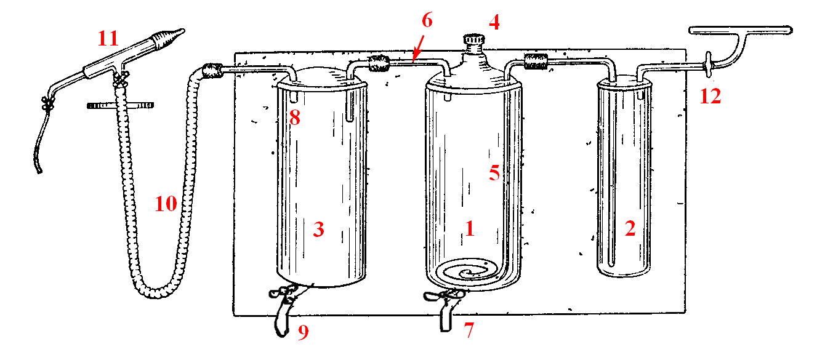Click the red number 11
click(108, 38)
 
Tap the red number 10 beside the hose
click(166, 204)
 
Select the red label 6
click(427, 20)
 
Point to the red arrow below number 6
click(418, 49)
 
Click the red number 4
click(494, 22)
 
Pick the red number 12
click(710, 97)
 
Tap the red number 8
click(295, 118)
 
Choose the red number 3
click(319, 229)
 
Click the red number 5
click(494, 172)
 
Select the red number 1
click(470, 229)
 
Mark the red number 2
click(630, 229)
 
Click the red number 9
click(304, 332)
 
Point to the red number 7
click(469, 330)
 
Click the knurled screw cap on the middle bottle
click(474, 39)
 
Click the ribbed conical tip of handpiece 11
click(169, 38)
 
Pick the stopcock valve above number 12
click(708, 65)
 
